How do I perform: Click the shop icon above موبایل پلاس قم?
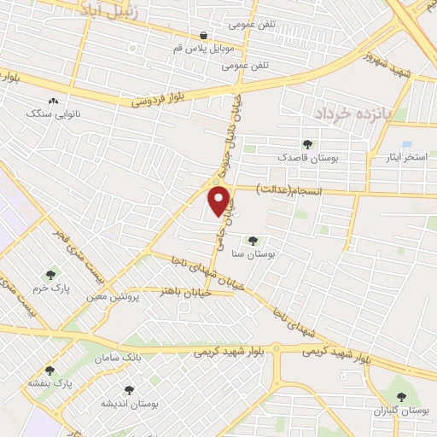(x=203, y=35)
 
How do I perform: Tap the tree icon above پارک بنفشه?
(x=50, y=370)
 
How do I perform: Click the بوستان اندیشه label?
(x=127, y=402)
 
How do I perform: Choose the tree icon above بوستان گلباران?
(x=401, y=396)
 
